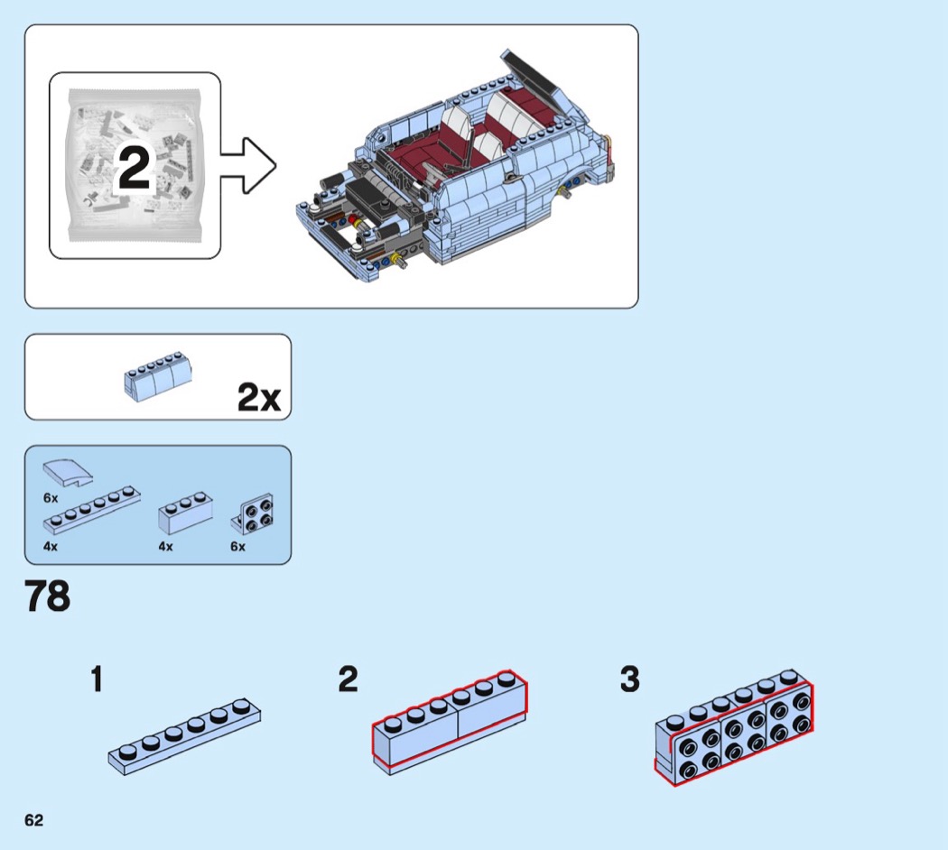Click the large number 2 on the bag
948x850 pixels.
[x=134, y=169]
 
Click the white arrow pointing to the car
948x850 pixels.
[x=248, y=166]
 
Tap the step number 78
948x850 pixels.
[x=47, y=597]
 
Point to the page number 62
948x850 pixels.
[x=33, y=819]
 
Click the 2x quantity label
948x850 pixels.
[x=259, y=397]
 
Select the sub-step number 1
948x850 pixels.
[x=96, y=679]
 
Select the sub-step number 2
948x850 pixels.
[x=348, y=679]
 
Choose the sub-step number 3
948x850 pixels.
[x=629, y=679]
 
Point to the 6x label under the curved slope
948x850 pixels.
[x=51, y=497]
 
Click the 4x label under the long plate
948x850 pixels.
[x=51, y=547]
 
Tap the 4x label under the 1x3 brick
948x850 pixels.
[x=165, y=547]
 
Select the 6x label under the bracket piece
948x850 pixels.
[x=237, y=547]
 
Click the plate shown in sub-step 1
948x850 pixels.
[x=185, y=735]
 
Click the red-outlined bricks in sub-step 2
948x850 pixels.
[x=450, y=722]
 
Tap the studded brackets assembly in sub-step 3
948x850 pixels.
[x=733, y=728]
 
